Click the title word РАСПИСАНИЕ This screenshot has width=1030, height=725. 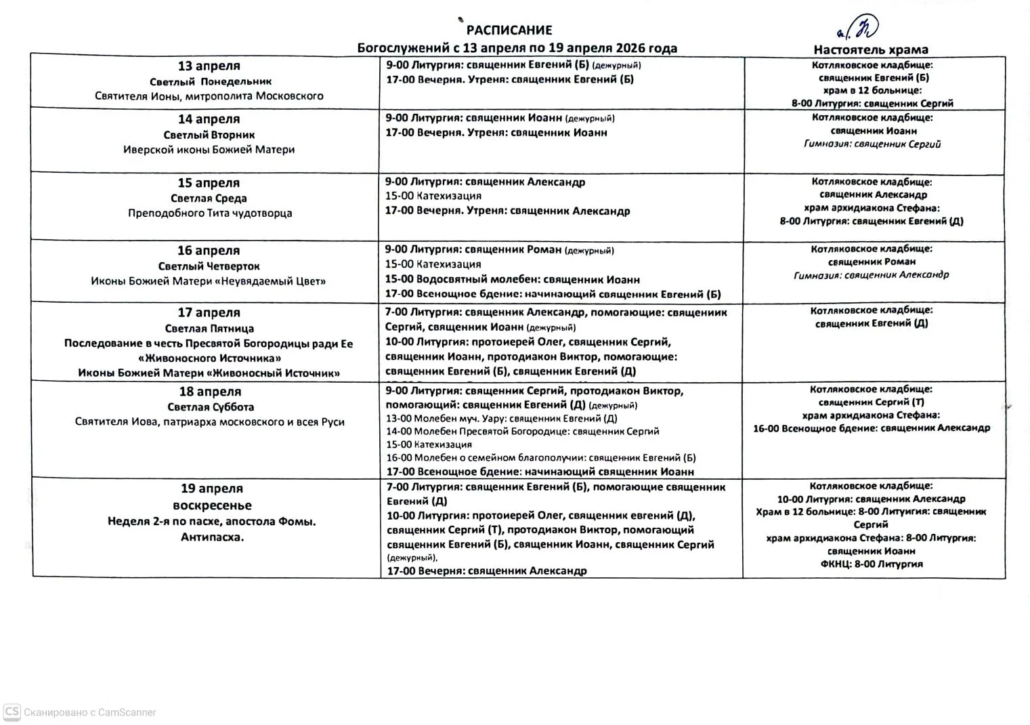coord(509,30)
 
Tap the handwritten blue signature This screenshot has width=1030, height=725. coord(859,28)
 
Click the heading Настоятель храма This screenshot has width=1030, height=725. coord(871,49)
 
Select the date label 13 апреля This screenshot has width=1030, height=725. coord(209,66)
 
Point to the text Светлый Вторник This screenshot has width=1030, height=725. coord(209,136)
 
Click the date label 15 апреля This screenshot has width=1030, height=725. coord(209,184)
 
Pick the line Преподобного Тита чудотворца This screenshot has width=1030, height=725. coord(210,213)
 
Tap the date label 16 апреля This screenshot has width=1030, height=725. coord(209,251)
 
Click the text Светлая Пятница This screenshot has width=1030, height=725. coord(209,329)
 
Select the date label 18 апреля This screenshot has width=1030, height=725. coord(210,392)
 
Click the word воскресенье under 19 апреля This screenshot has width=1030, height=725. coord(212,505)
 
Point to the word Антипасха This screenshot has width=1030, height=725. coord(212,537)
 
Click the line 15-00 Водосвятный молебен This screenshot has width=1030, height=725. coord(512,280)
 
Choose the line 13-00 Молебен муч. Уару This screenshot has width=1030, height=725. coord(501,419)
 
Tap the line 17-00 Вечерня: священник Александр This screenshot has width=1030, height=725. coord(486,571)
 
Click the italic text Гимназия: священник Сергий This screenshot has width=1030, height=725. coord(872,144)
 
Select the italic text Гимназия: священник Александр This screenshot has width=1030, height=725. coord(872,275)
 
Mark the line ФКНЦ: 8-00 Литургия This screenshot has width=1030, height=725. coord(872,564)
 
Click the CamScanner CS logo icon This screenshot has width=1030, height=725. coord(12,712)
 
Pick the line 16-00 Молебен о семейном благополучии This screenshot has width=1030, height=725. coord(540,458)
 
